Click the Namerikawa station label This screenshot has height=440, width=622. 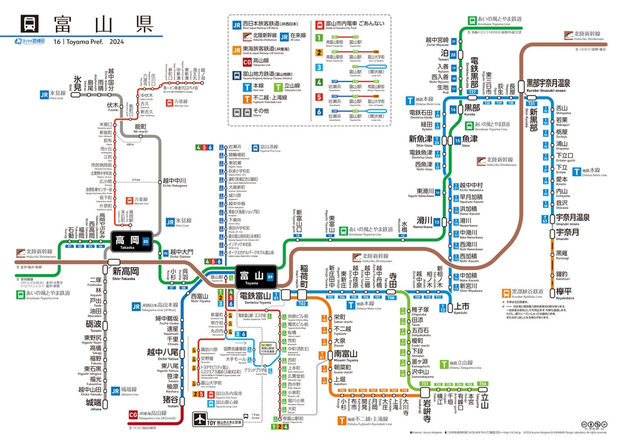point(424,221)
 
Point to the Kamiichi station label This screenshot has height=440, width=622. point(462,308)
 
